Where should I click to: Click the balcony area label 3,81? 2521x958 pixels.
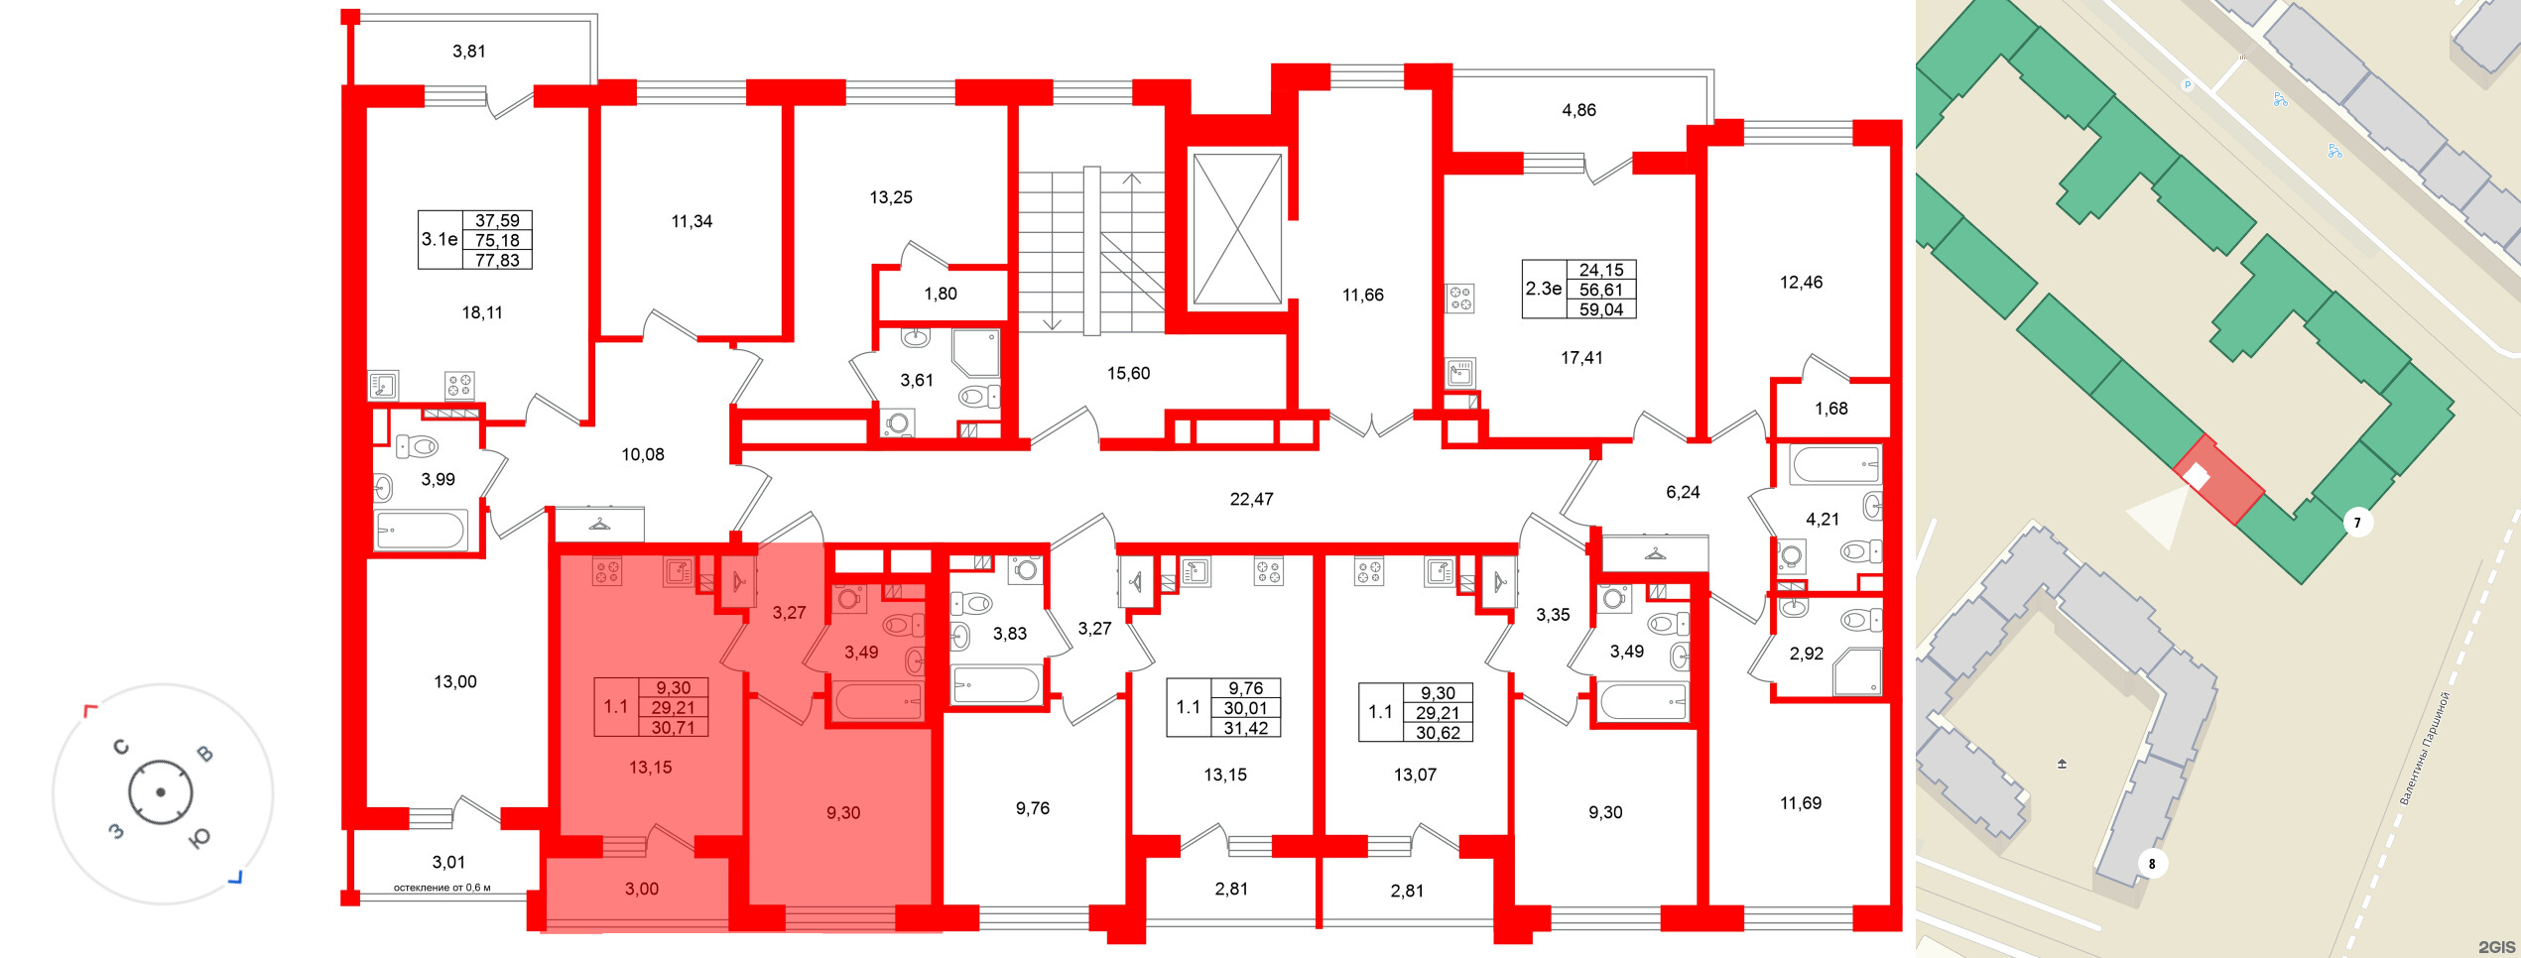pyautogui.click(x=469, y=52)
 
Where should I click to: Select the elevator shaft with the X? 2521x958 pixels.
pyautogui.click(x=1236, y=228)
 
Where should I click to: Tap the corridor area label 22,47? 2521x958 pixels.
pyautogui.click(x=1251, y=500)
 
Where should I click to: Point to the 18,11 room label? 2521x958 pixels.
pyautogui.click(x=482, y=313)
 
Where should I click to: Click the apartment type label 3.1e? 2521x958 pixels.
pyautogui.click(x=440, y=240)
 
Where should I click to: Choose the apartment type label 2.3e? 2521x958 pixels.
pyautogui.click(x=1544, y=290)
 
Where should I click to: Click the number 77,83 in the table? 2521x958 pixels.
pyautogui.click(x=497, y=261)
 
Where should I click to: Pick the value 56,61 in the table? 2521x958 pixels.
pyautogui.click(x=1601, y=290)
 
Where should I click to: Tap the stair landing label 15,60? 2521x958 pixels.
pyautogui.click(x=1129, y=374)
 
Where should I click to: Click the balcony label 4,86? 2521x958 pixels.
pyautogui.click(x=1579, y=110)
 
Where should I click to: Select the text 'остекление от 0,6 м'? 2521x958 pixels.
pyautogui.click(x=442, y=888)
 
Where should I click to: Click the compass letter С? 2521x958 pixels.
pyautogui.click(x=121, y=747)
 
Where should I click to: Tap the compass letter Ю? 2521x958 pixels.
pyautogui.click(x=199, y=839)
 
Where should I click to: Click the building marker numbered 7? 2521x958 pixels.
pyautogui.click(x=2357, y=523)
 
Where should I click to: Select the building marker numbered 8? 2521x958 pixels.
pyautogui.click(x=2152, y=864)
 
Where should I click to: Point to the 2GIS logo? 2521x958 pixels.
pyautogui.click(x=2497, y=947)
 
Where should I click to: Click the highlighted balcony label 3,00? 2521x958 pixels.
pyautogui.click(x=642, y=890)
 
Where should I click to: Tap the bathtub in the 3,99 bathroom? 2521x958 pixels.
pyautogui.click(x=421, y=531)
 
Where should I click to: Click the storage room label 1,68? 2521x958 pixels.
pyautogui.click(x=1831, y=409)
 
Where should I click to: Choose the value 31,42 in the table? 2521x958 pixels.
pyautogui.click(x=1245, y=729)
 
